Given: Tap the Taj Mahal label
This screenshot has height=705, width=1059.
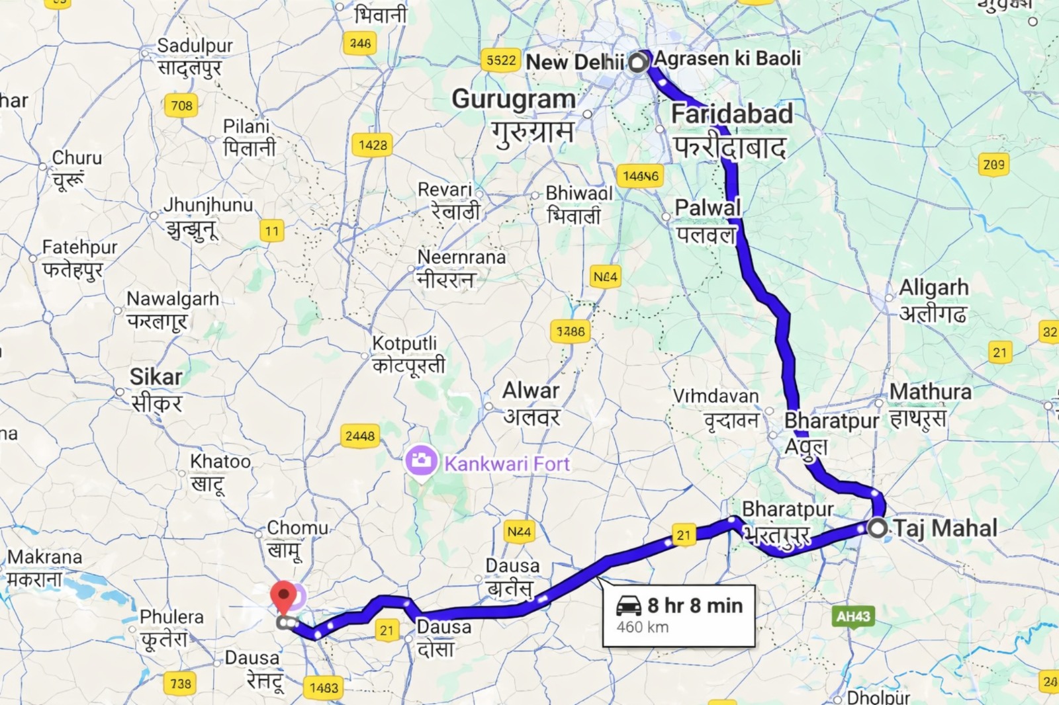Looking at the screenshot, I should point(944,528).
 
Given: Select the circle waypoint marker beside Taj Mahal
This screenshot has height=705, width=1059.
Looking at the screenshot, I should point(878,528).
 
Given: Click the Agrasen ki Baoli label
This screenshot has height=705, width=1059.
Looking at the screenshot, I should point(727,58).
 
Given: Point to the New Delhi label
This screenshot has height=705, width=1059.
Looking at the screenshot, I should point(575,62).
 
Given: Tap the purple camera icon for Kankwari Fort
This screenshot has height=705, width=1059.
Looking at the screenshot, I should point(420,461).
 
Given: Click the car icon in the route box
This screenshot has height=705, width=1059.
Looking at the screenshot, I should point(629,605).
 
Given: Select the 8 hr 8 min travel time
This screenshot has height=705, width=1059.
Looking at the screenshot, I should point(695,605).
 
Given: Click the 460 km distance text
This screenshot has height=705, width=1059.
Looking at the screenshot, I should point(642,627).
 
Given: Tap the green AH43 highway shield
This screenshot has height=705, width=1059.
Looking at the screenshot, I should point(853,616).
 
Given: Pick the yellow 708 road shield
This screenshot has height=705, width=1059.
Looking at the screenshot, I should point(181,105).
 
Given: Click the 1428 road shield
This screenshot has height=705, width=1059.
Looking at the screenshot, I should point(373,145).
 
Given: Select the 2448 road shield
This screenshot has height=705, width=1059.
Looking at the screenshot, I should point(360,436).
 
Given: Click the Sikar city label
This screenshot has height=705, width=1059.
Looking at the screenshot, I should point(156,377).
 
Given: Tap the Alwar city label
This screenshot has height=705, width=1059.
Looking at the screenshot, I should point(531,391).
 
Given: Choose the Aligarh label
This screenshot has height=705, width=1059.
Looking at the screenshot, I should point(933,288).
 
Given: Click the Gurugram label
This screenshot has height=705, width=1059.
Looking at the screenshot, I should point(514,100).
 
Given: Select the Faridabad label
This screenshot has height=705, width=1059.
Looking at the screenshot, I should point(732,114).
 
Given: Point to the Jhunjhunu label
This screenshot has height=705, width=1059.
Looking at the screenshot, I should point(208,205).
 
